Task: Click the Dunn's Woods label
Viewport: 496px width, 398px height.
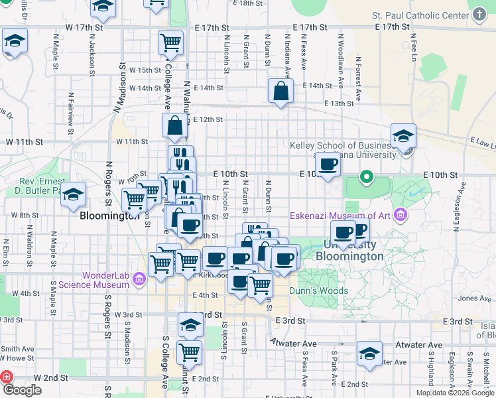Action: (x=318, y=291)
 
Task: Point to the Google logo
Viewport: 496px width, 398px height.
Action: (x=22, y=390)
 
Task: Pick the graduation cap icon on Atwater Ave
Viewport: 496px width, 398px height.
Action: (x=369, y=352)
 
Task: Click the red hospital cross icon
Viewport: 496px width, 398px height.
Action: (x=7, y=377)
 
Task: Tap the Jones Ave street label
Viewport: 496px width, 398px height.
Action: (x=475, y=298)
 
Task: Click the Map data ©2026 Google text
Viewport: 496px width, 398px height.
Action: (x=454, y=393)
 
